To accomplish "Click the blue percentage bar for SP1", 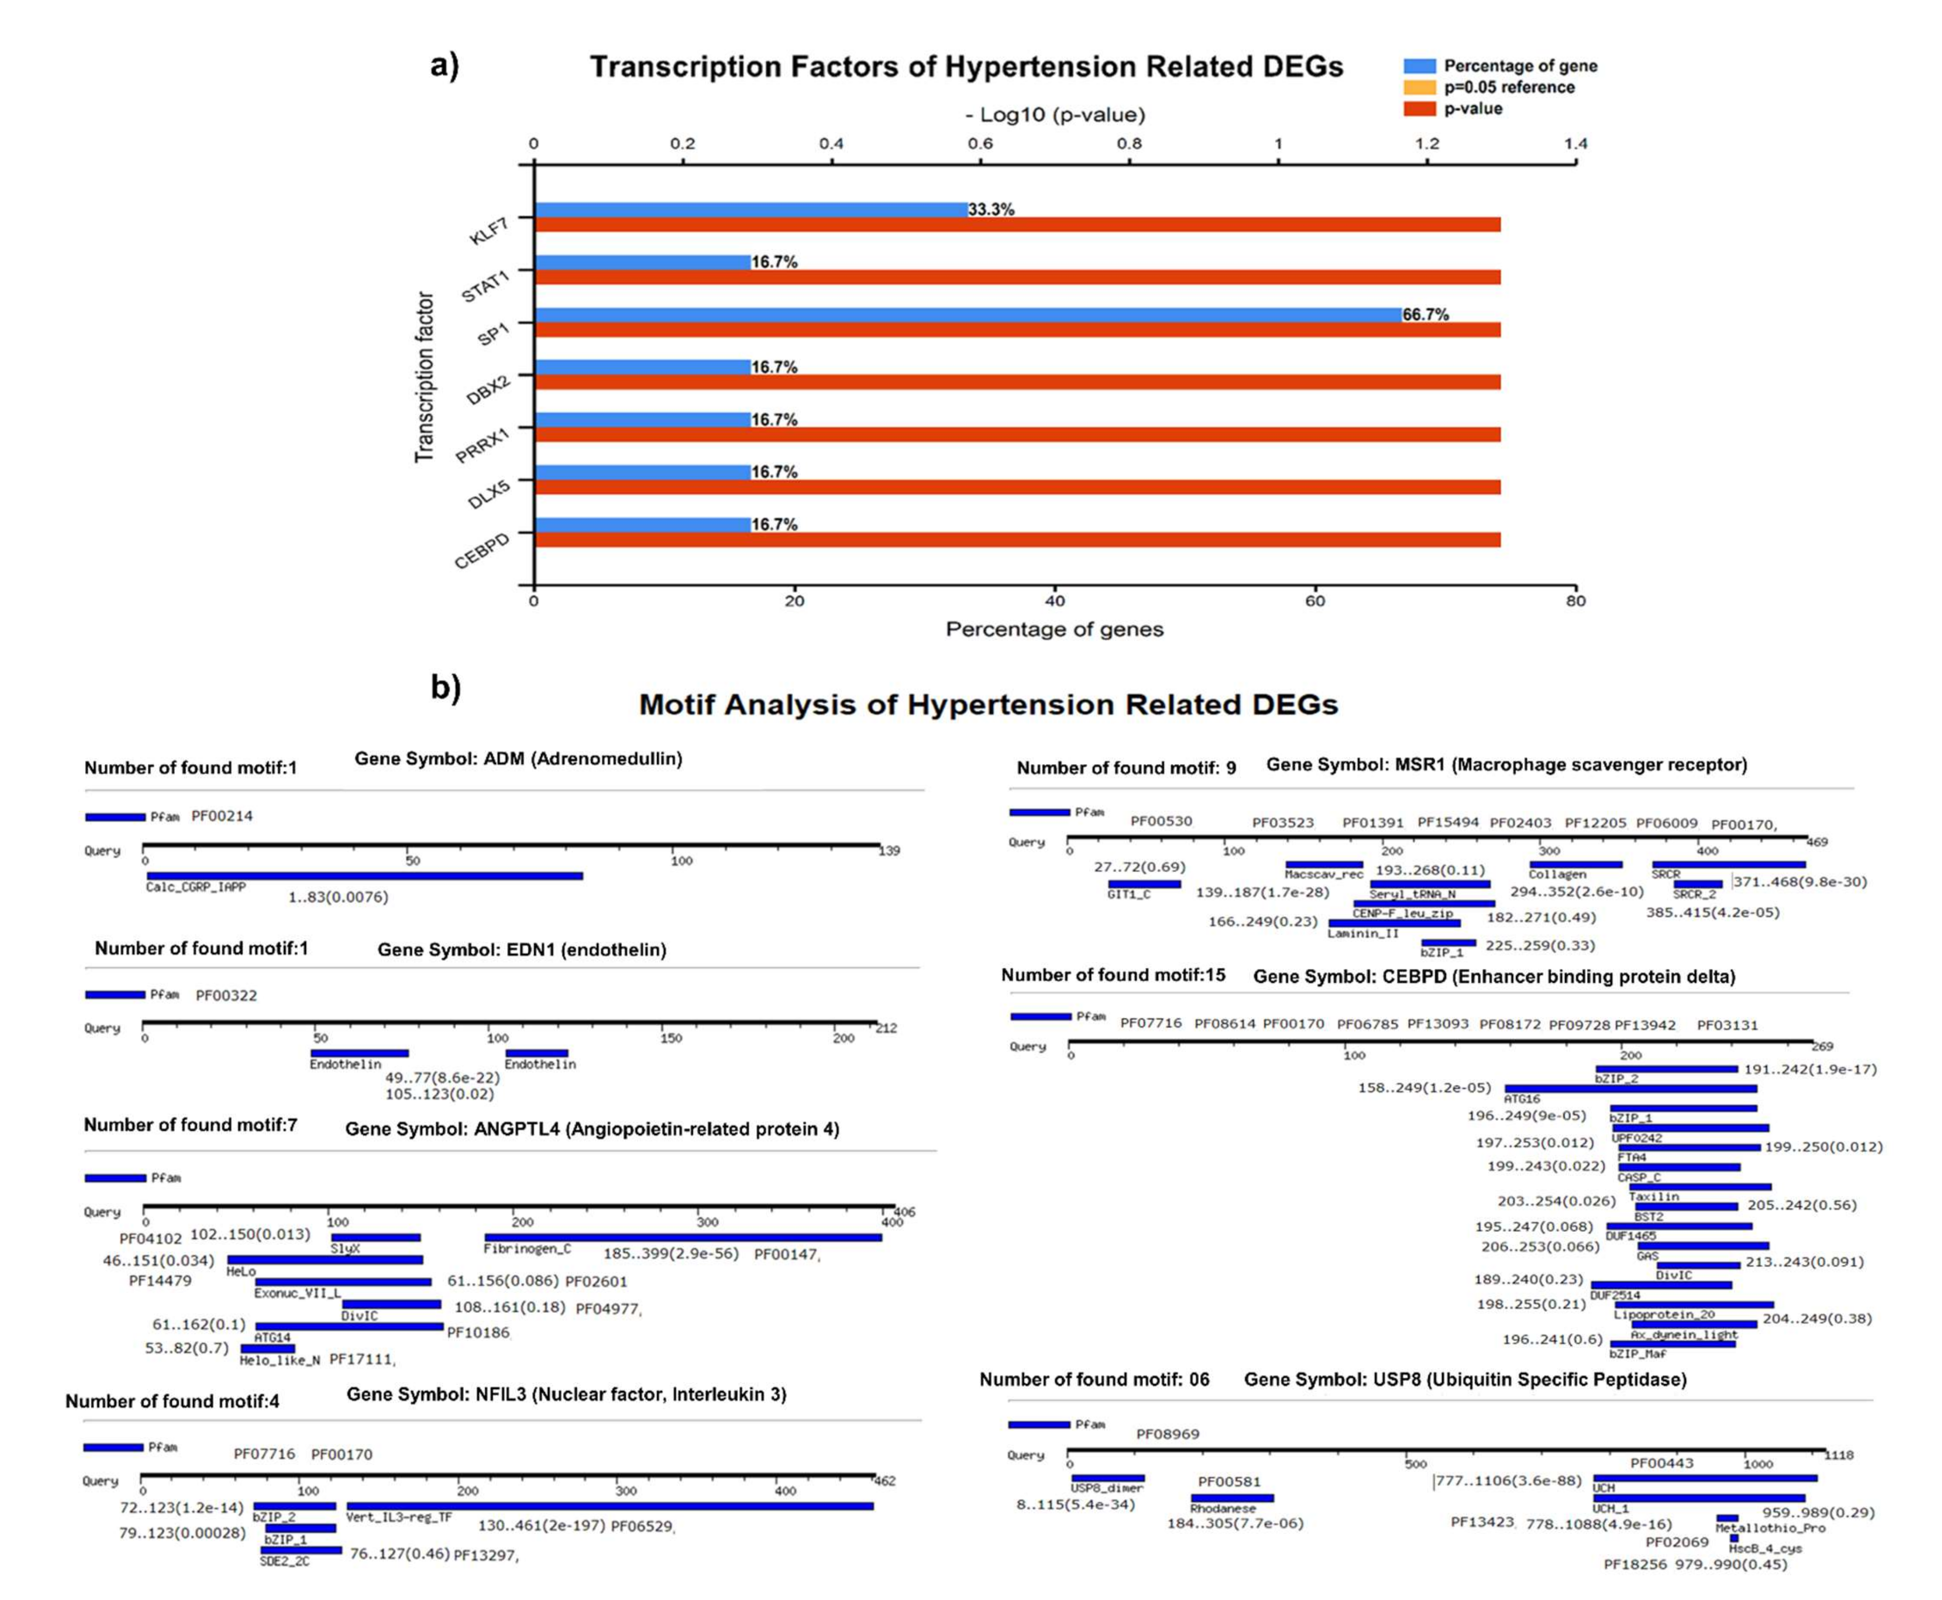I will point(968,314).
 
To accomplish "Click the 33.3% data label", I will point(991,209).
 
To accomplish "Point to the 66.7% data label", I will point(1425,314).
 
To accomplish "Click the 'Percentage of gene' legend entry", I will point(1519,66).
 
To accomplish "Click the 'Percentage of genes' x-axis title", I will point(1054,630).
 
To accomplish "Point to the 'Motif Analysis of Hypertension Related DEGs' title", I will point(988,704).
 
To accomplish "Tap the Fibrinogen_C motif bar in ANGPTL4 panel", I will point(683,1237).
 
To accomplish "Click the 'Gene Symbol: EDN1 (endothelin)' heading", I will point(522,949).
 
